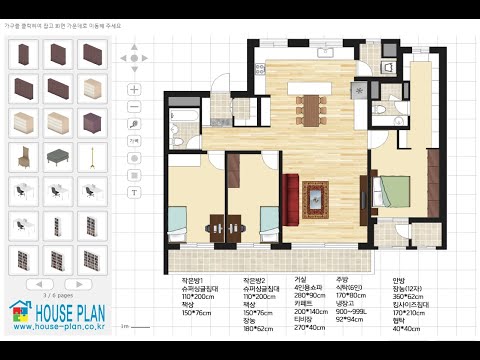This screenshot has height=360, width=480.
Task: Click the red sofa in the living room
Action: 291,197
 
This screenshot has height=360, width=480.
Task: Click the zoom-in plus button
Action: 135,87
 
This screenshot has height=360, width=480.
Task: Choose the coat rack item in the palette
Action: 89,156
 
